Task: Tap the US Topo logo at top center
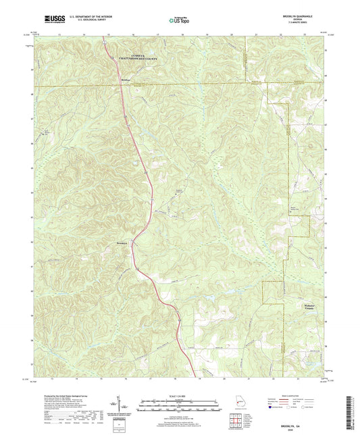coord(179,20)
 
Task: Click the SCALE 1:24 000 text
coord(180,397)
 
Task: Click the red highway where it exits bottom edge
coord(195,376)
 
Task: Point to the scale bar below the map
coord(180,407)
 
